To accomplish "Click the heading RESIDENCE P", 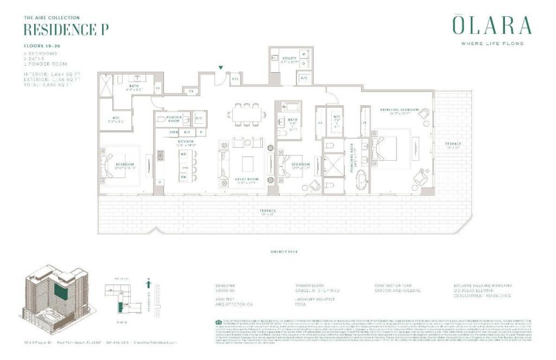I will pyautogui.click(x=66, y=29).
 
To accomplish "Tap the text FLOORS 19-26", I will pyautogui.click(x=42, y=46).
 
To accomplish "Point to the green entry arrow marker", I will pyautogui.click(x=220, y=68).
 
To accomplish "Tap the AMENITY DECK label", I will pyautogui.click(x=285, y=252).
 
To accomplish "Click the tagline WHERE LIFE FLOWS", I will pyautogui.click(x=491, y=43).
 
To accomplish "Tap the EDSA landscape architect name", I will pyautogui.click(x=300, y=305).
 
